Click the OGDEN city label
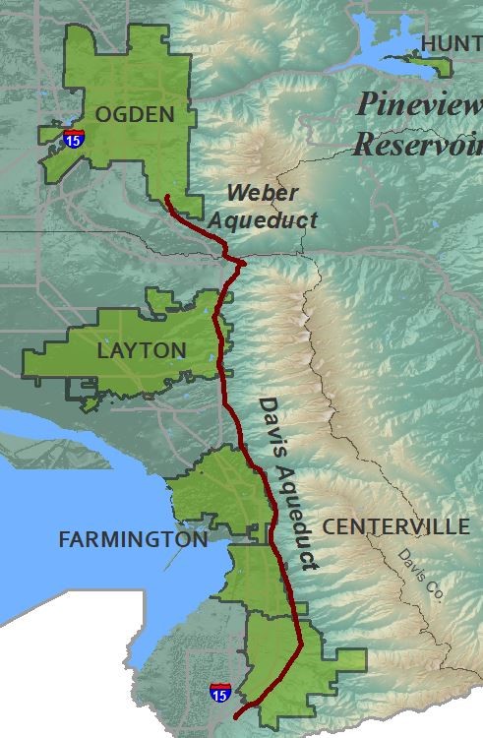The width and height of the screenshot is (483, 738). click(136, 114)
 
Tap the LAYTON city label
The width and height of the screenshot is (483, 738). click(142, 350)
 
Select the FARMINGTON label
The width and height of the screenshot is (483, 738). click(133, 539)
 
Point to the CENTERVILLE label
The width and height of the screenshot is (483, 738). click(396, 527)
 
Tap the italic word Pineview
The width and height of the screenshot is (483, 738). click(417, 103)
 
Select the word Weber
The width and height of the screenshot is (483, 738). click(261, 193)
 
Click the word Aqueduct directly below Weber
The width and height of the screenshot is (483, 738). click(272, 220)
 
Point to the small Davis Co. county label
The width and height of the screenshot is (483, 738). click(420, 577)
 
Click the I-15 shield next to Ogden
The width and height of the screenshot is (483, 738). click(72, 139)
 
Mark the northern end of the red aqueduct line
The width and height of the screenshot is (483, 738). click(167, 197)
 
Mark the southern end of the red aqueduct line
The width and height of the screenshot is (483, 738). click(235, 717)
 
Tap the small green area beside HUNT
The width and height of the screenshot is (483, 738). click(433, 66)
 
